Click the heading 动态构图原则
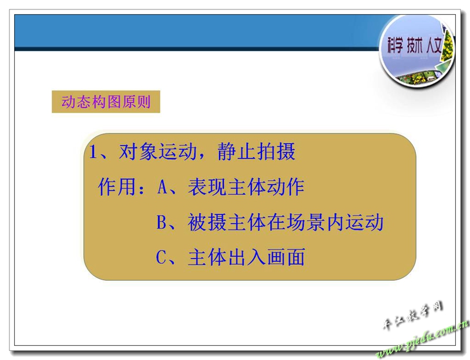click(x=106, y=102)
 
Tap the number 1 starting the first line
click(x=93, y=152)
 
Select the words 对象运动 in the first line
click(x=157, y=152)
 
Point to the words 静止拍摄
click(x=257, y=152)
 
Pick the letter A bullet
click(x=163, y=187)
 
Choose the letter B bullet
click(x=162, y=222)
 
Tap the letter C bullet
click(x=161, y=257)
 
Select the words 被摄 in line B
click(x=207, y=222)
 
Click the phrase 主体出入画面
click(x=247, y=257)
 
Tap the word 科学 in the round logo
click(x=394, y=46)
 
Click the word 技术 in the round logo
click(x=415, y=46)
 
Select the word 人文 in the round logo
click(x=434, y=46)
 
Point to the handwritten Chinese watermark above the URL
click(x=412, y=316)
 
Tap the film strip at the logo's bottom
click(x=417, y=79)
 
